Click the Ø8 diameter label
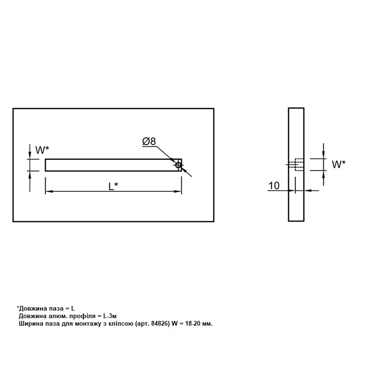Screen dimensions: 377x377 pos(149,141)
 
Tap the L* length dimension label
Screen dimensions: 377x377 pos(113,186)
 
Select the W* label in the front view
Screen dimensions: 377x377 pos(42,150)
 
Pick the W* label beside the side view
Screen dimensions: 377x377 pos(338,164)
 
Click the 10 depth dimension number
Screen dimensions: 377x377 pos(274,186)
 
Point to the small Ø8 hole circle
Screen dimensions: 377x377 pos(178,165)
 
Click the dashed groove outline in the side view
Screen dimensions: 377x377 pos(299,164)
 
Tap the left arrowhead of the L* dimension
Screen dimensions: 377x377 pos(49,191)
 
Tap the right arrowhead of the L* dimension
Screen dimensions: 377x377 pos(178,191)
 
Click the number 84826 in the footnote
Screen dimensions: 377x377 pos(159,324)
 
